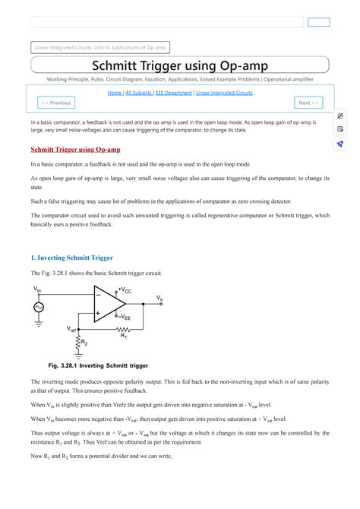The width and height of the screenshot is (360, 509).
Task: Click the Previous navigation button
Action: (57, 103)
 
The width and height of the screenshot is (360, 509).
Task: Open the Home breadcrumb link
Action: (115, 93)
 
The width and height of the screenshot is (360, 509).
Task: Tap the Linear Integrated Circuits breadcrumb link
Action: (224, 93)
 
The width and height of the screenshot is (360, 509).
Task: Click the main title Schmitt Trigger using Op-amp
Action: (179, 65)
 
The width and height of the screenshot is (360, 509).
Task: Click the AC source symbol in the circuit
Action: (38, 307)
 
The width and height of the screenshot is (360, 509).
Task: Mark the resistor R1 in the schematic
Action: (124, 330)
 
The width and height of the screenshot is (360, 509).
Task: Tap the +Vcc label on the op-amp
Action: (125, 291)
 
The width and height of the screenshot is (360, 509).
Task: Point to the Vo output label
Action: (159, 298)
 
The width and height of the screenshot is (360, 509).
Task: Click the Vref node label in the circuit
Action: (72, 329)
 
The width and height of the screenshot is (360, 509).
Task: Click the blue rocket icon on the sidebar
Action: (340, 143)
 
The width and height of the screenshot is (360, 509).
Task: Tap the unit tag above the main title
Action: (102, 47)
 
